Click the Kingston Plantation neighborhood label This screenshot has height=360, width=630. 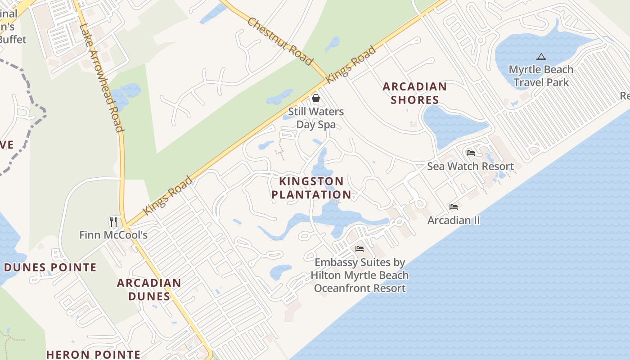311,188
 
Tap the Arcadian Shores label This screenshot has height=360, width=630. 414,93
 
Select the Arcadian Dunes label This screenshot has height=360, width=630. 149,289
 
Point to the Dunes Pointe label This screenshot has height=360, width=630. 50,267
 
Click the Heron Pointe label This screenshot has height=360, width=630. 94,355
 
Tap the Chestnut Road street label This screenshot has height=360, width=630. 280,41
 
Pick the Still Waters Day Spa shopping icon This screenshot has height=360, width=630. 316,98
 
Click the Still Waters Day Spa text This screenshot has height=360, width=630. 316,118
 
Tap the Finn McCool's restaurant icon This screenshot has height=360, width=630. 113,221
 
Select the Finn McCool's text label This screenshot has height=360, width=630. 113,235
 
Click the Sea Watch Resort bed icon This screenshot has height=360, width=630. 471,153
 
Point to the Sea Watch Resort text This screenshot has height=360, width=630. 470,166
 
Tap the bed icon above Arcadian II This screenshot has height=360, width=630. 454,207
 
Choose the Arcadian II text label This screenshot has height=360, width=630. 454,220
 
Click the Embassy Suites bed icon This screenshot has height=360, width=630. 360,248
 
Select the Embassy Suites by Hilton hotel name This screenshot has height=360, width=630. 360,275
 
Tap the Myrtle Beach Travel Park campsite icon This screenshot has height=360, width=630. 541,57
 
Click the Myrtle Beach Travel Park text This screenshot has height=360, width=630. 541,76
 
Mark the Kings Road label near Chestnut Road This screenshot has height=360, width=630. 351,63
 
